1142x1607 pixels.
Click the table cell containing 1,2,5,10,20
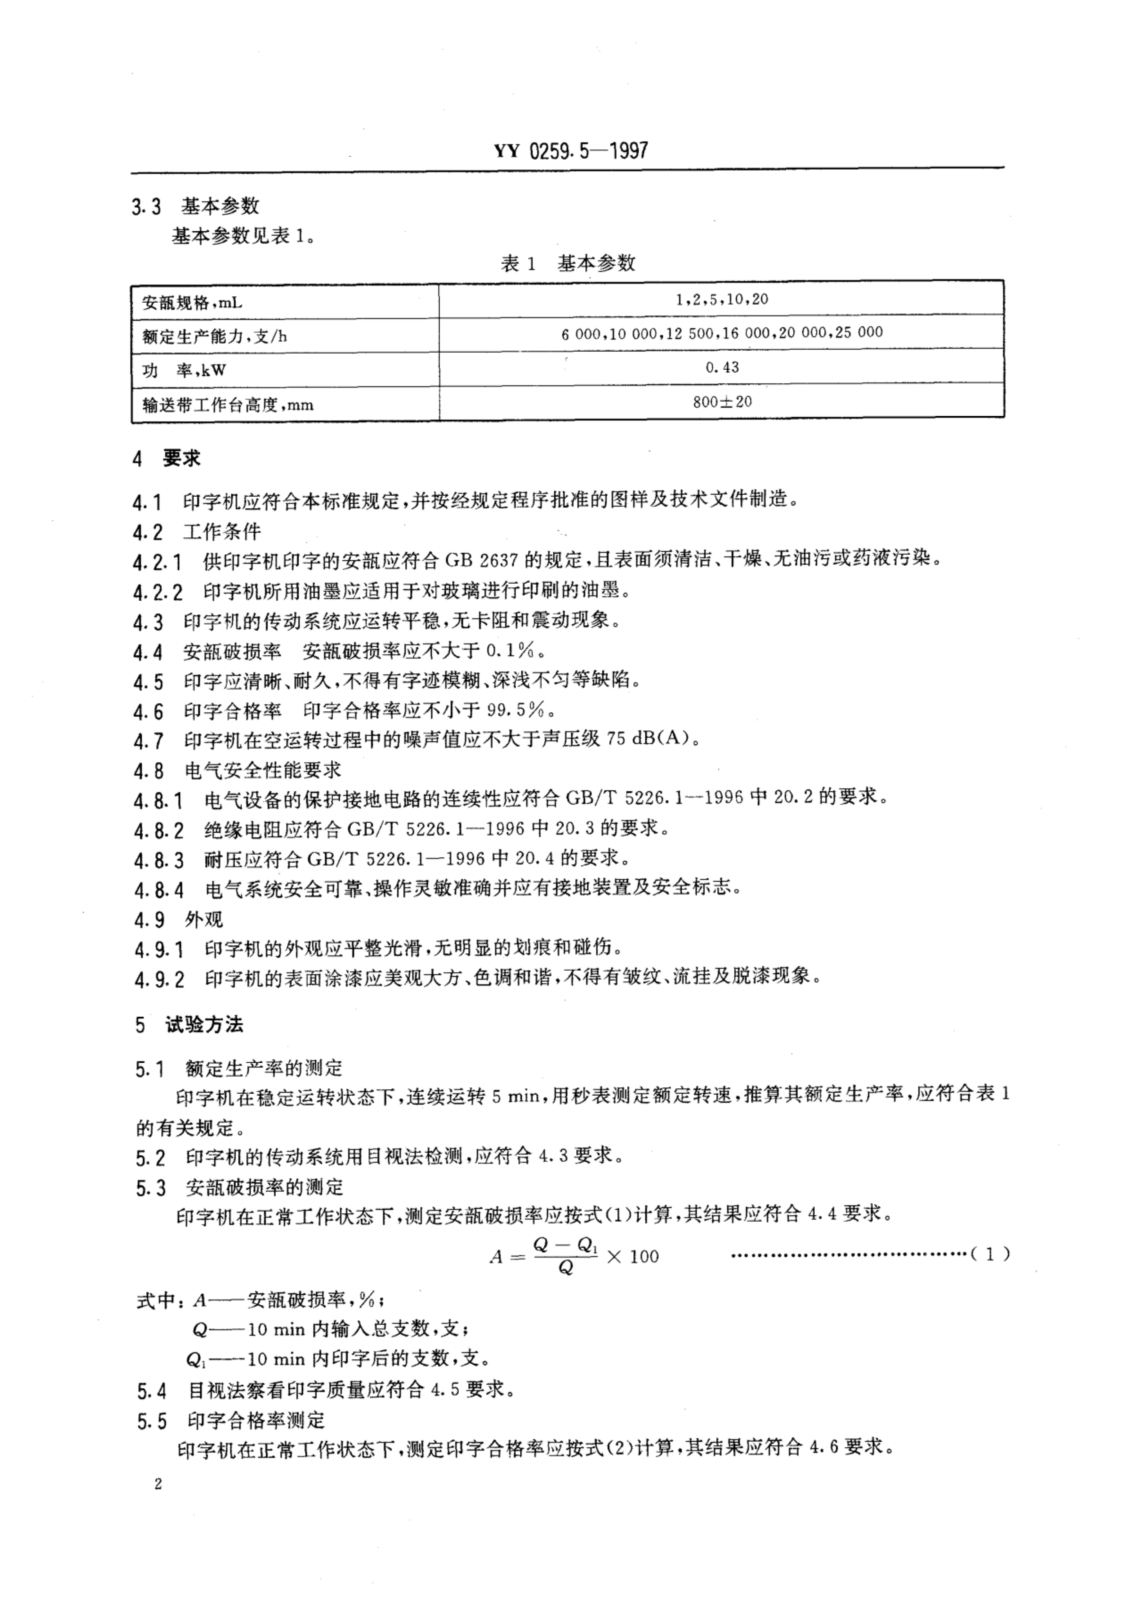pos(721,300)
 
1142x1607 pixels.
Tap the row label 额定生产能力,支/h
pos(214,336)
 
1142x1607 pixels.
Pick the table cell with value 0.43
pos(721,367)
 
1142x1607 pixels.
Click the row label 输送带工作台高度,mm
pos(227,405)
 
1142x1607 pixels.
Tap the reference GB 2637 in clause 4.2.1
pos(481,560)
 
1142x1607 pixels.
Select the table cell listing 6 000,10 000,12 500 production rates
pos(721,333)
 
